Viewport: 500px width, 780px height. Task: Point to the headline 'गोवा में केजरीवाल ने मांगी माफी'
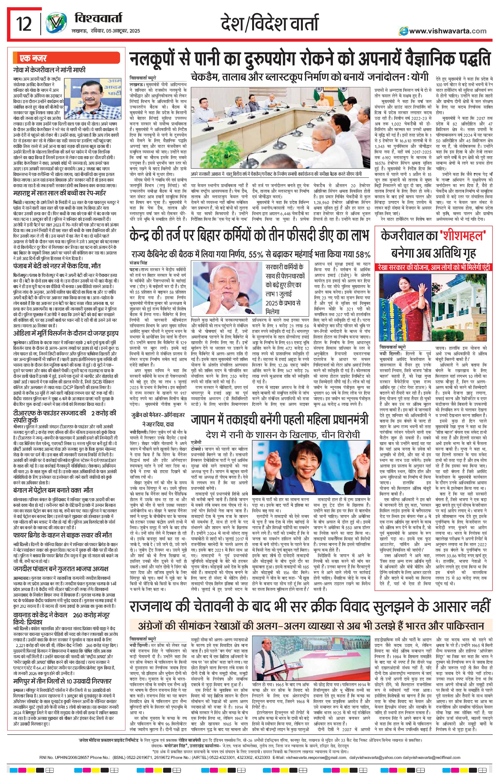click(50, 70)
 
